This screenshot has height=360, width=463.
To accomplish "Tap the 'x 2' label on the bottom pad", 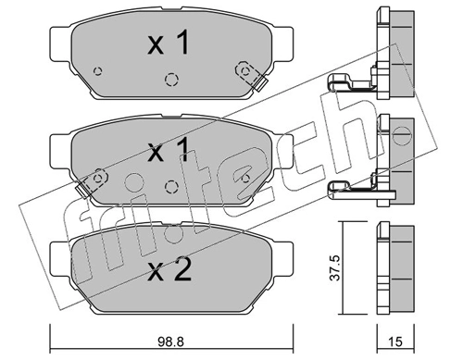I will point(169,269).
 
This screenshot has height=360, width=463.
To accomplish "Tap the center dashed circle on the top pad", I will point(169,79).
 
